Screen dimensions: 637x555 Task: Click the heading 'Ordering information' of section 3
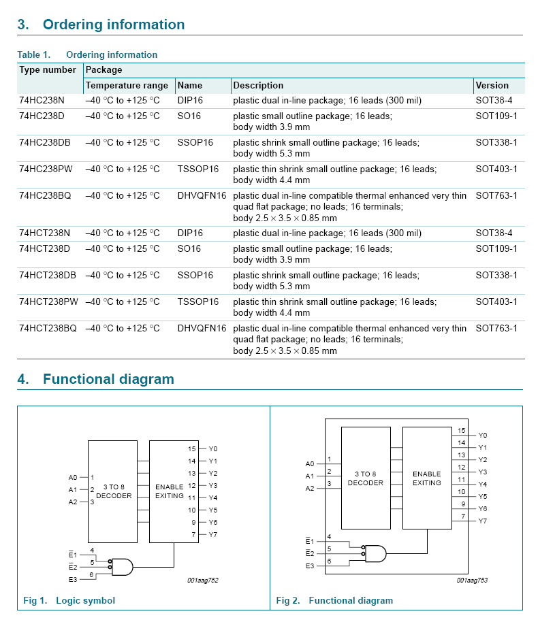pos(113,24)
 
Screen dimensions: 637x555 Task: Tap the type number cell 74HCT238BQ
pos(48,328)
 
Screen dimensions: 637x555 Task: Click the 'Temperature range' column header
pos(127,85)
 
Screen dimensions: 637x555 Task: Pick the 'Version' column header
pos(492,85)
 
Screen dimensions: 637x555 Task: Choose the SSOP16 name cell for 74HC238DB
pos(195,142)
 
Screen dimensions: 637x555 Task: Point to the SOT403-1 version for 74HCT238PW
pos(496,301)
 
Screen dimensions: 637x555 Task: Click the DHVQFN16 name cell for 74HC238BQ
pos(202,195)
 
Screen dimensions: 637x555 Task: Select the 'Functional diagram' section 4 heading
pos(108,379)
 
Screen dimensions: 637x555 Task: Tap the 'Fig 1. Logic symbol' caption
pos(69,600)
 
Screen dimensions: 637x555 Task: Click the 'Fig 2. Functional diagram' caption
pos(334,600)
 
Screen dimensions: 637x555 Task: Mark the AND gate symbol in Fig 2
pos(374,553)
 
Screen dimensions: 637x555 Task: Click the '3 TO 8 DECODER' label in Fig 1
pos(114,491)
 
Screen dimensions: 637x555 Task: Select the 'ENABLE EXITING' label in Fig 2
pos(427,478)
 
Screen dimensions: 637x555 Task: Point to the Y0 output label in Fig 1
pos(213,449)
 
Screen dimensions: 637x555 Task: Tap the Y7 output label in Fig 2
pos(483,521)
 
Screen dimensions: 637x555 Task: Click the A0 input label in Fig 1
pos(73,478)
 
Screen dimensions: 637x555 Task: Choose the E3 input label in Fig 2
pos(310,566)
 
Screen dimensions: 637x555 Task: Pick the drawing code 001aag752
pos(203,580)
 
